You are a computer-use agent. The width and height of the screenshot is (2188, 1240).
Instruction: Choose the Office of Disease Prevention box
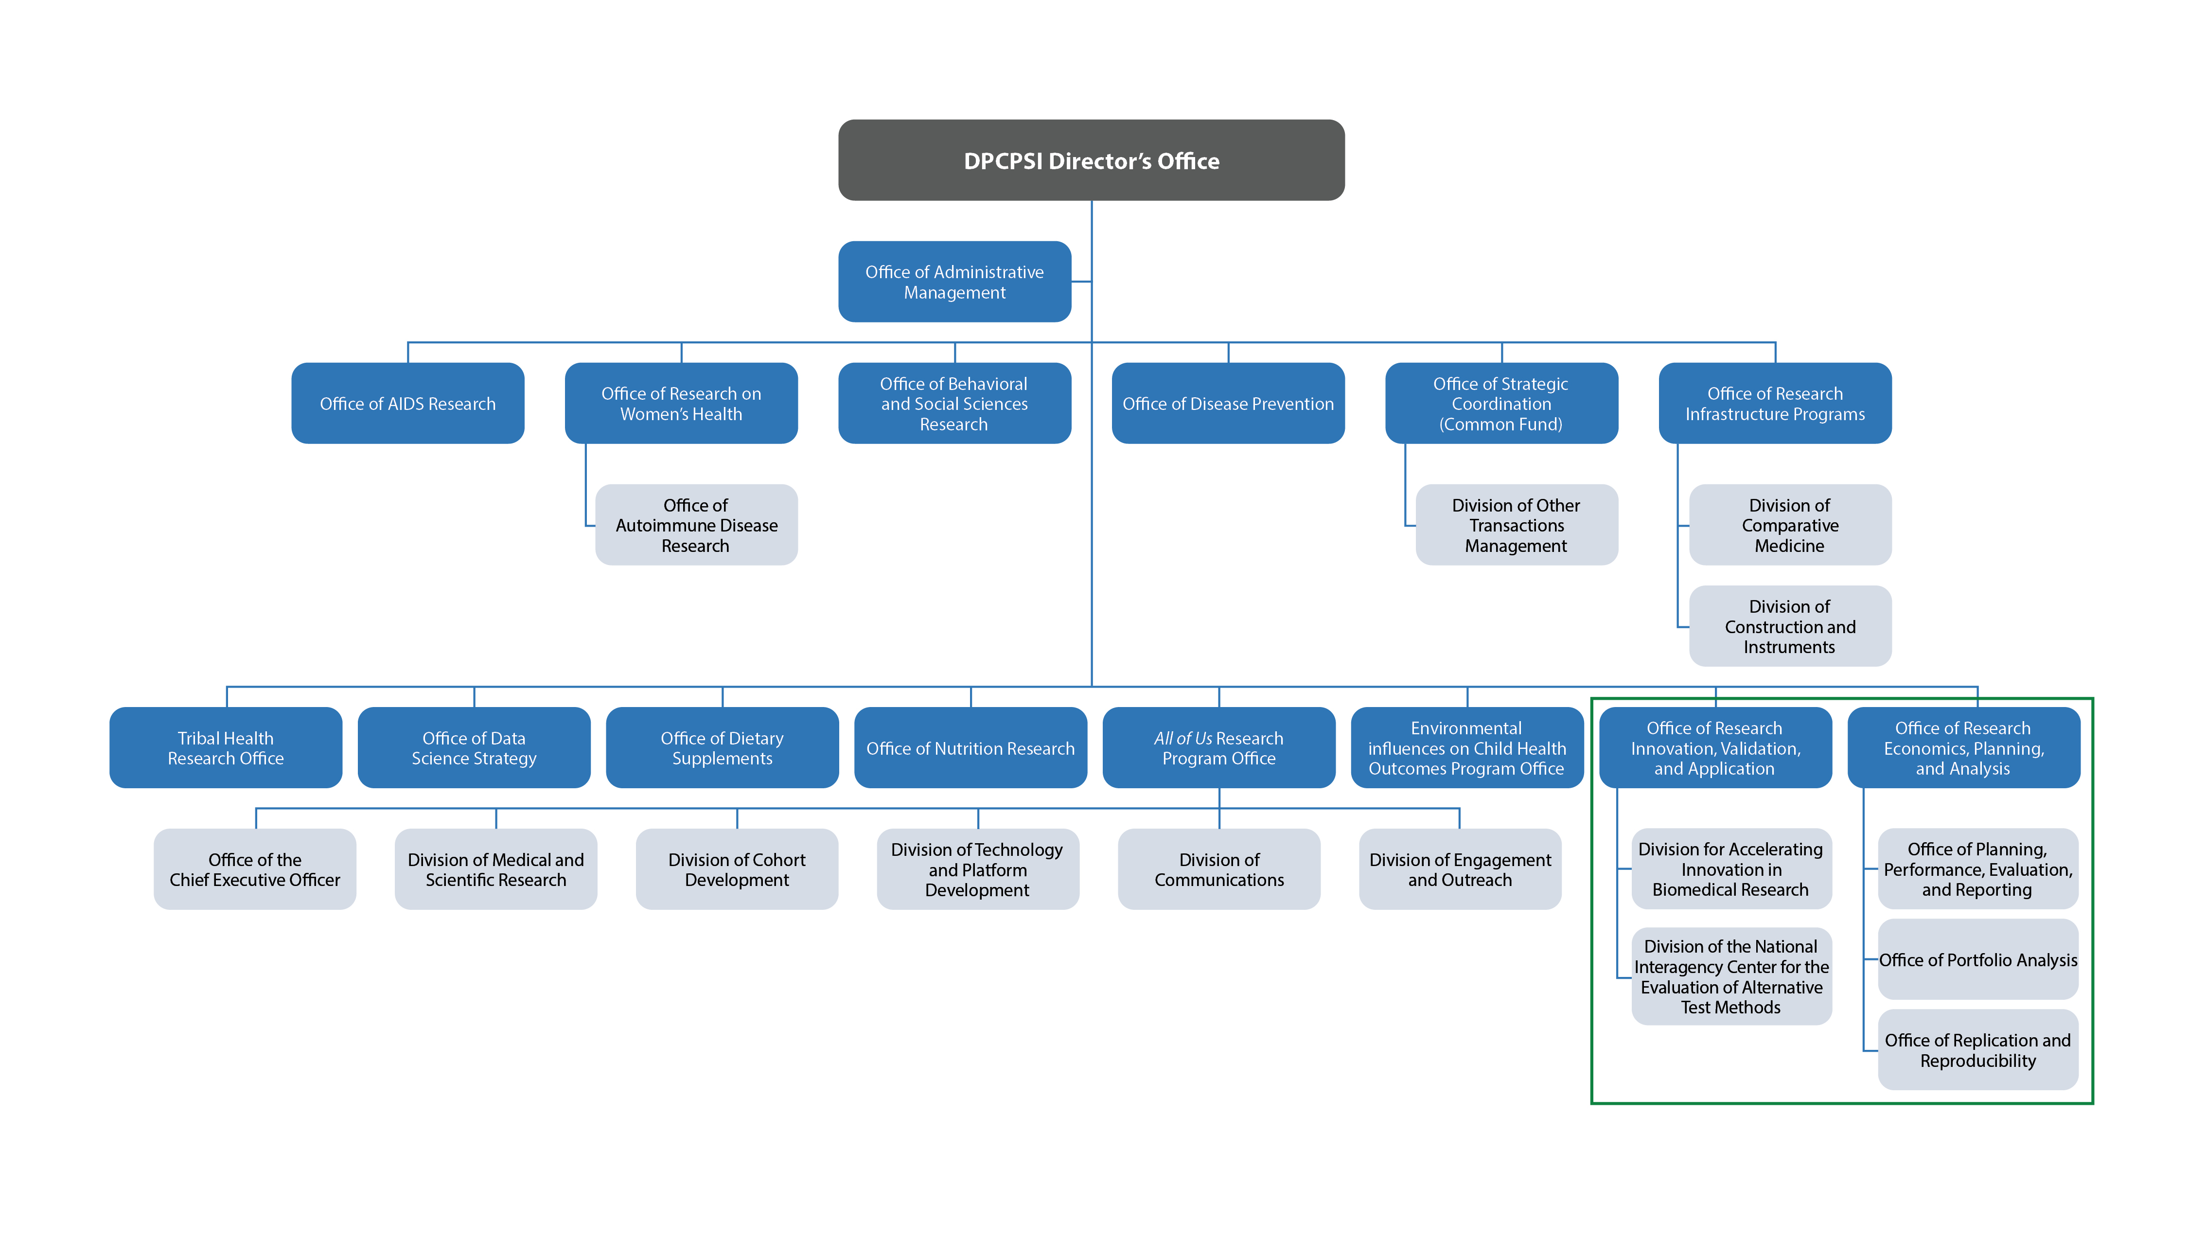pyautogui.click(x=1228, y=404)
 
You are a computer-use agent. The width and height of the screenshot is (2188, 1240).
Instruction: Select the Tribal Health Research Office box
pyautogui.click(x=226, y=748)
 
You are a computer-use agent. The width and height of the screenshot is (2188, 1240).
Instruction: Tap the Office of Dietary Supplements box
pyautogui.click(x=722, y=748)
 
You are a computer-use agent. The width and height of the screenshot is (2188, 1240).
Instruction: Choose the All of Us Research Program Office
pyautogui.click(x=1218, y=748)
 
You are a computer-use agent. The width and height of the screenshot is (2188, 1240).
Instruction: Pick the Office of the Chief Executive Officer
pyautogui.click(x=255, y=869)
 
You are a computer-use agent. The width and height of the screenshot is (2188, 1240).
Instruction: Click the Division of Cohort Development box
pyautogui.click(x=737, y=869)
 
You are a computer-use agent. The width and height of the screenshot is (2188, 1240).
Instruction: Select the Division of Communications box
pyautogui.click(x=1218, y=869)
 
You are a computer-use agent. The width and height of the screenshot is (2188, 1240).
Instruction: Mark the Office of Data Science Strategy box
pyautogui.click(x=474, y=748)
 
